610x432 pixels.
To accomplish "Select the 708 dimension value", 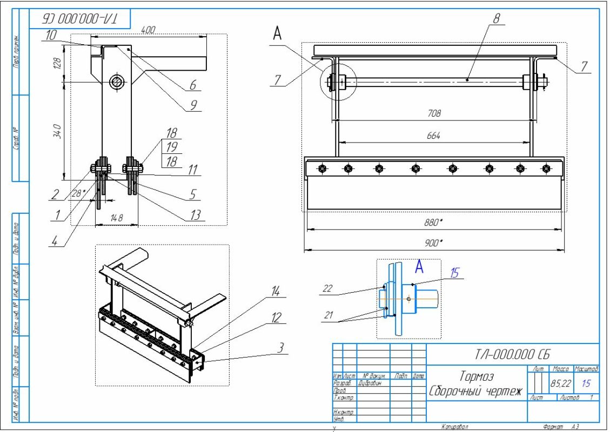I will [x=434, y=113].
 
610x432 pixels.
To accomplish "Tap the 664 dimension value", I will [x=434, y=136].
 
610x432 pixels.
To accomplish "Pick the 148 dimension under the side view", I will [x=116, y=218].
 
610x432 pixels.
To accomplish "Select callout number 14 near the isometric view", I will [x=276, y=293].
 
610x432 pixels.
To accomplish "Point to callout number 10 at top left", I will [x=51, y=34].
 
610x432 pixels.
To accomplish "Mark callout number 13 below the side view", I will [x=196, y=215].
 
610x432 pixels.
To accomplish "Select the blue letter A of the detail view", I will [x=419, y=266].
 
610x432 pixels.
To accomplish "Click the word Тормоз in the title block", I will [x=477, y=376].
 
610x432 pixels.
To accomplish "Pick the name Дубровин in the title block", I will [x=370, y=382].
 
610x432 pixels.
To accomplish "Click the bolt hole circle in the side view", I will [x=116, y=82].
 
